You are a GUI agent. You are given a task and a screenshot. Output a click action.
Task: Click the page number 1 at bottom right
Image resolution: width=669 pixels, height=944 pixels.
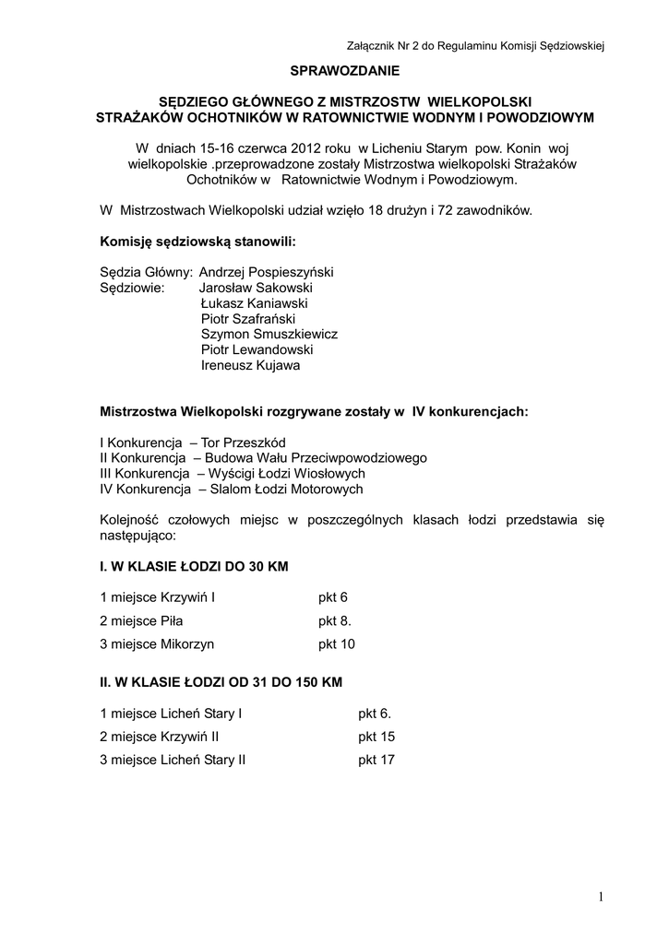click(x=599, y=897)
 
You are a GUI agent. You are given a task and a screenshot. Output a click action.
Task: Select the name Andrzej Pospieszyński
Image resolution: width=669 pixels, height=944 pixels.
click(x=266, y=272)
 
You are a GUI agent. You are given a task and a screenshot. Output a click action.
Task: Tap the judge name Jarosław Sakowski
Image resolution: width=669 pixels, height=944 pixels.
click(x=256, y=288)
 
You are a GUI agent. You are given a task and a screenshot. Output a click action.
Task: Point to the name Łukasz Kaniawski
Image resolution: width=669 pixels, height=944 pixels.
click(x=254, y=302)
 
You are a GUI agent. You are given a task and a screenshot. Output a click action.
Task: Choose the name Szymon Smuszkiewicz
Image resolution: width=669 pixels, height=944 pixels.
click(x=269, y=334)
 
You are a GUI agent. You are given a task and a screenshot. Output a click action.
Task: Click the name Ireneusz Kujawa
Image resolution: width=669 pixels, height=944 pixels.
click(x=250, y=365)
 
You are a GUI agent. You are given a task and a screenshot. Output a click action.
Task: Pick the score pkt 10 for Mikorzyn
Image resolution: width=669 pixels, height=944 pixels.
click(x=337, y=644)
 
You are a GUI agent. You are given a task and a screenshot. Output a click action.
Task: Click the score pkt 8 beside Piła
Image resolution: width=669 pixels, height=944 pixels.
click(x=335, y=620)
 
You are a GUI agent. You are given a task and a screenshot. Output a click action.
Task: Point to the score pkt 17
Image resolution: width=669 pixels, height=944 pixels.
click(x=376, y=761)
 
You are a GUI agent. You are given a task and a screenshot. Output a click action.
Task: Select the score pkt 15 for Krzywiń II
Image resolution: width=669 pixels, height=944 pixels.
click(x=376, y=737)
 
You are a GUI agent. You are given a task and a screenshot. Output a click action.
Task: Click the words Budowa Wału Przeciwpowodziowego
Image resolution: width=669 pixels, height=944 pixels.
click(x=316, y=458)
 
